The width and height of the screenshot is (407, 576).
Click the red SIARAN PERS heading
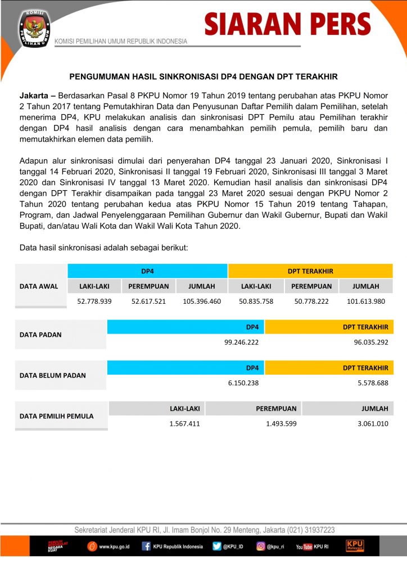(x=287, y=24)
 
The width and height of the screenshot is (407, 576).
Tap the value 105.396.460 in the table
(x=202, y=301)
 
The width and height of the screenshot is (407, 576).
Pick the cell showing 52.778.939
(x=94, y=301)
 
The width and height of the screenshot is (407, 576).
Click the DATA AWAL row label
(x=39, y=286)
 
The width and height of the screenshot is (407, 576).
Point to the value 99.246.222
(x=241, y=341)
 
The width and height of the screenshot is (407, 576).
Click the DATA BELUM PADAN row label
(x=52, y=375)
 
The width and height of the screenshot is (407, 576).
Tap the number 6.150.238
(x=243, y=382)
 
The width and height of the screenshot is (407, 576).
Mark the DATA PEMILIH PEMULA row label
(x=56, y=416)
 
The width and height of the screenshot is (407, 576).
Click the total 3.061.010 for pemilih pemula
(x=372, y=424)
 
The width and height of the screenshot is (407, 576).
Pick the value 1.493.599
(x=281, y=424)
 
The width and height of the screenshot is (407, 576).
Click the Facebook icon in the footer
(x=146, y=546)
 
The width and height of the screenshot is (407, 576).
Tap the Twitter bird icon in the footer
(x=217, y=546)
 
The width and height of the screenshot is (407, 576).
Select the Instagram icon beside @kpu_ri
(x=261, y=546)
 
